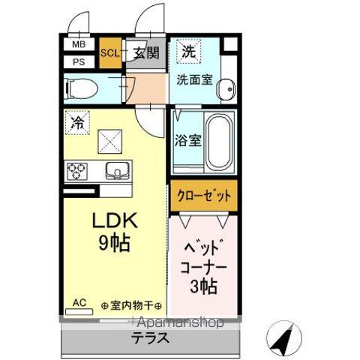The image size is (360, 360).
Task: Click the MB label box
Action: coord(79,44)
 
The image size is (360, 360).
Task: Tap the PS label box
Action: coord(79,61)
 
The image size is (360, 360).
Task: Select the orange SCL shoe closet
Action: coord(110,52)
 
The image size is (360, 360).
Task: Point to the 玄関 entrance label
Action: coord(146,53)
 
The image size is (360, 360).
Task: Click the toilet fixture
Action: coord(81,88)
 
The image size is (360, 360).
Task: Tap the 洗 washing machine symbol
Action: coord(189,52)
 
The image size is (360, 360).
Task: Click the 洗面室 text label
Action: coord(194,79)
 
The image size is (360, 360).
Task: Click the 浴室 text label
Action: coord(188,140)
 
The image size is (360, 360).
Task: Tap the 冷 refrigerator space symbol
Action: coord(77,123)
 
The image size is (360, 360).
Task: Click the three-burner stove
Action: coord(77,171)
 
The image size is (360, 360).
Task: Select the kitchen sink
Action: coord(118,170)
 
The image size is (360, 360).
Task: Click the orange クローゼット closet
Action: coord(204,196)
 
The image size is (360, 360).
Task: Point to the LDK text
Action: coord(115,220)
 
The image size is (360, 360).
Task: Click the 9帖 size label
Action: coord(115,242)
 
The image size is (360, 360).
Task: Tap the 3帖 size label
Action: coord(203,286)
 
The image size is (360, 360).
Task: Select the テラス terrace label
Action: coord(151,338)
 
